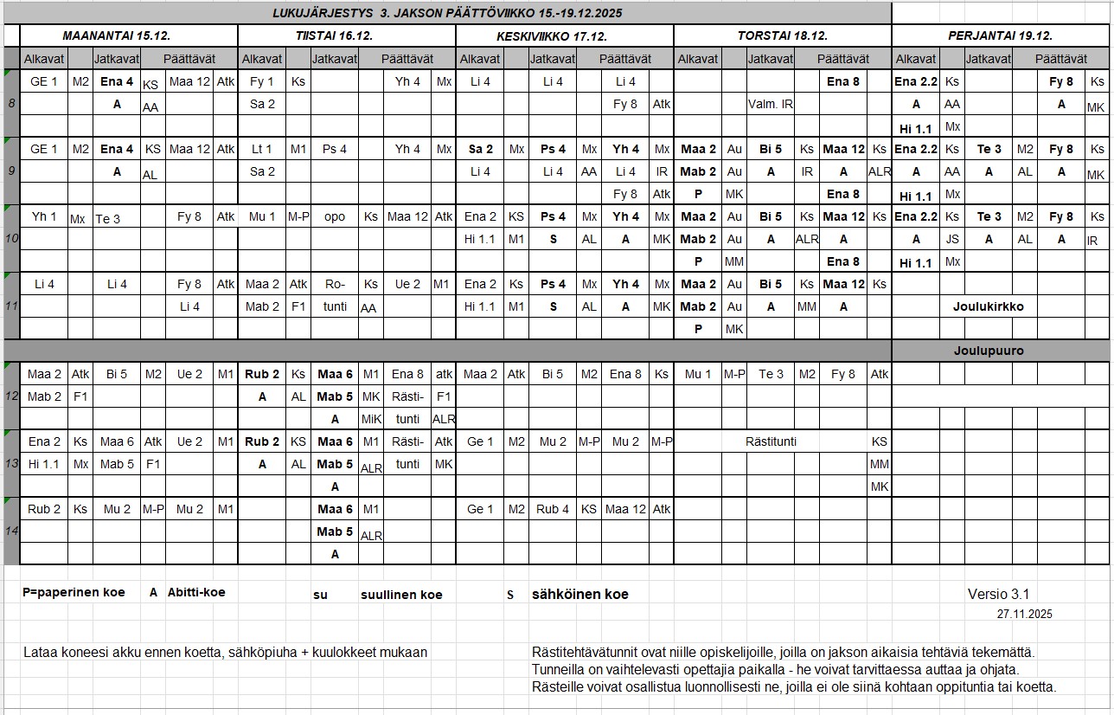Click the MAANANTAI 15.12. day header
(x=117, y=36)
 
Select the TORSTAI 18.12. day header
(x=783, y=36)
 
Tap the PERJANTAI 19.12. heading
(x=1000, y=36)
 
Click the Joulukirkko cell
(x=988, y=306)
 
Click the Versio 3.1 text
(x=998, y=594)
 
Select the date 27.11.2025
(x=1024, y=614)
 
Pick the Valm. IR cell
(x=771, y=104)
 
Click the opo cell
(x=335, y=216)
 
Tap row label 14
(x=11, y=531)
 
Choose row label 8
(x=11, y=104)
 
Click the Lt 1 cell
(x=262, y=149)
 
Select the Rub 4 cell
(x=553, y=509)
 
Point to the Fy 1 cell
(x=262, y=81)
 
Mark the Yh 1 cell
(x=44, y=216)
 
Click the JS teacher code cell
(x=952, y=239)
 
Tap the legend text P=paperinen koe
(x=74, y=593)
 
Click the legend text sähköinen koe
(x=579, y=595)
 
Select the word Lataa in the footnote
(x=41, y=652)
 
